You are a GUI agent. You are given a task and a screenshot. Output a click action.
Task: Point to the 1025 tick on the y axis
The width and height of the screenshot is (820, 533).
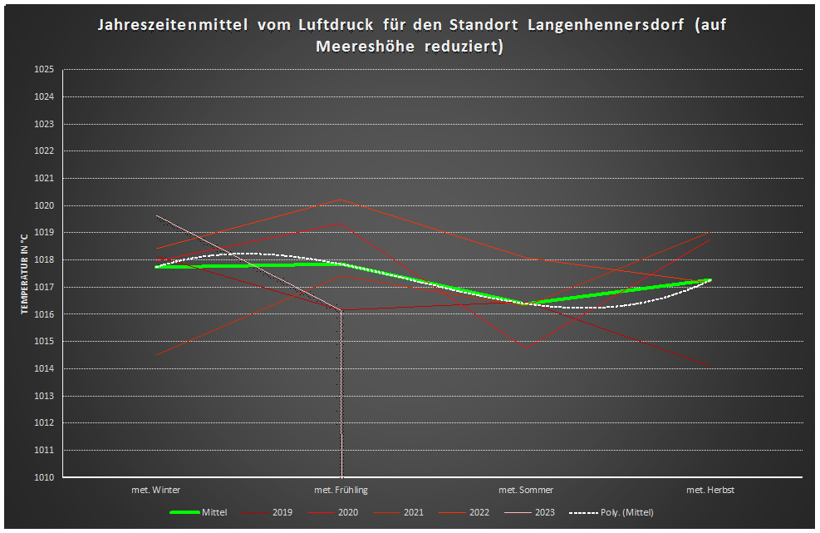tap(43, 70)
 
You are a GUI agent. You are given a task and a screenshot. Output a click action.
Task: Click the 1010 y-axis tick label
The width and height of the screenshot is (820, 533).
tap(43, 477)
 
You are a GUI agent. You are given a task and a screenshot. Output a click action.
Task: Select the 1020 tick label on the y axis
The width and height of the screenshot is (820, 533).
tap(43, 205)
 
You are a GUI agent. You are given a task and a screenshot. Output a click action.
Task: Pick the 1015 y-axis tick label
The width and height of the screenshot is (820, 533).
tap(43, 342)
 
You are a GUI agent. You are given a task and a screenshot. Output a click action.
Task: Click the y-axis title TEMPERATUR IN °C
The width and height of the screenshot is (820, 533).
tap(26, 274)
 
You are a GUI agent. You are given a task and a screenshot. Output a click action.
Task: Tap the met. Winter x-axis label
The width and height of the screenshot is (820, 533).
tap(156, 491)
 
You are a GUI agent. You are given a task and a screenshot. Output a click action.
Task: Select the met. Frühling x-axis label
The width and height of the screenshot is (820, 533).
tap(341, 491)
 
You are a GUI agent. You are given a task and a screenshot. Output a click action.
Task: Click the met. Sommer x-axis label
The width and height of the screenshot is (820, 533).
tap(526, 491)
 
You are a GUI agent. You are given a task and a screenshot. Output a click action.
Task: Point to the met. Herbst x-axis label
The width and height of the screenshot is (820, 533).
tap(710, 491)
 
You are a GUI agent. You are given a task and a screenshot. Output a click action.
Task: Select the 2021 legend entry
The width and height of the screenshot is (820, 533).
tap(413, 513)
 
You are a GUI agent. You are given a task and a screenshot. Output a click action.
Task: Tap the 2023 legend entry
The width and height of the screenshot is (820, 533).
tap(544, 513)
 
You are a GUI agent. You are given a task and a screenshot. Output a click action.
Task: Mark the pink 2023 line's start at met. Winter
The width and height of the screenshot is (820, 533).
tap(157, 215)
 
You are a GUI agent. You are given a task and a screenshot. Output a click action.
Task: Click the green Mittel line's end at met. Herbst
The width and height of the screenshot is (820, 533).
tap(710, 280)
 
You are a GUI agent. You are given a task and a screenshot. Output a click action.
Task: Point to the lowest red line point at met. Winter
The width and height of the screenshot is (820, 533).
tap(156, 355)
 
